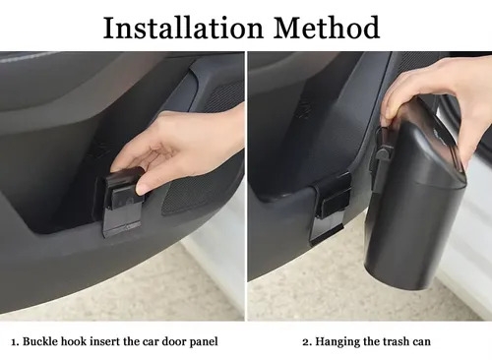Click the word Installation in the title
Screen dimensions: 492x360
pyautogui.click(x=183, y=28)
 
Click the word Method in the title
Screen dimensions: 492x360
pyautogui.click(x=327, y=28)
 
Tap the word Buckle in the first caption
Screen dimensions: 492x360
pyautogui.click(x=40, y=341)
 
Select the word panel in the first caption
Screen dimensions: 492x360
pyautogui.click(x=204, y=342)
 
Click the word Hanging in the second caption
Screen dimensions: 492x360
pyautogui.click(x=338, y=342)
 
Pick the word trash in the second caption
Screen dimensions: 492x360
pyautogui.click(x=396, y=341)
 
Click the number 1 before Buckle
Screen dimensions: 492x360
pyautogui.click(x=15, y=342)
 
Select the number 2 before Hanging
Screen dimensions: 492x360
pyautogui.click(x=307, y=342)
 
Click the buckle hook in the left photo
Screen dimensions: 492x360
pyautogui.click(x=122, y=202)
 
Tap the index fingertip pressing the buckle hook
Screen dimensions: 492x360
pyautogui.click(x=143, y=189)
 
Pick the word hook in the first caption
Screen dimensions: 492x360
pyautogui.click(x=74, y=341)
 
